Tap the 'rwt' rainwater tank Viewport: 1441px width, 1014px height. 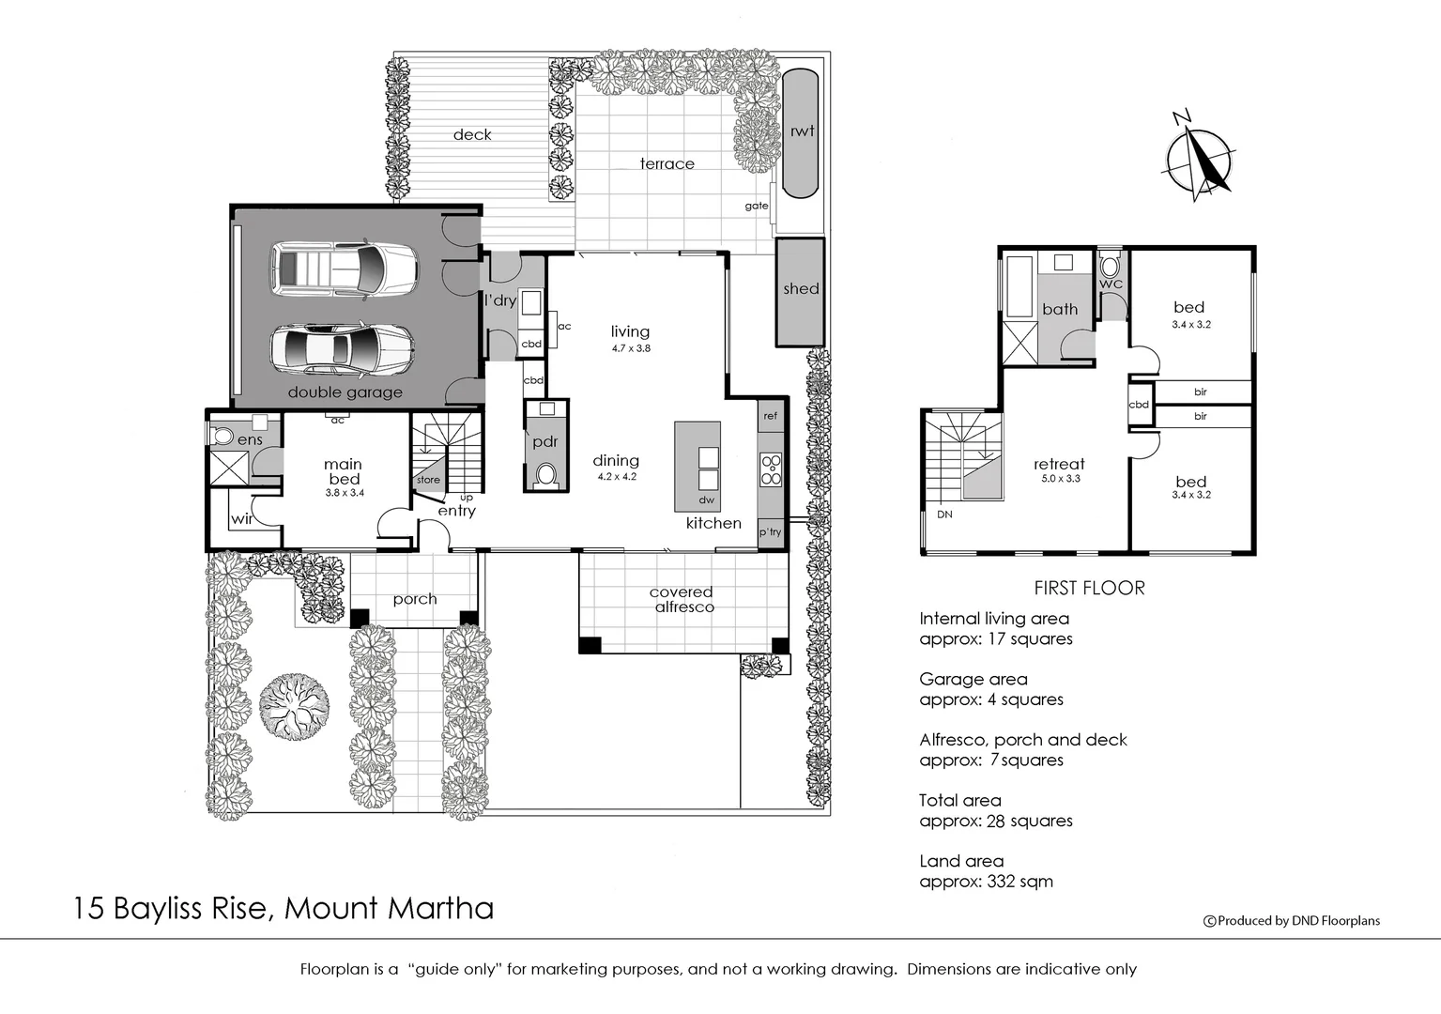pos(801,132)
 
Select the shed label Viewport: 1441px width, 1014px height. pos(801,289)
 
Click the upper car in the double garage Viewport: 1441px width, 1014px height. pos(345,269)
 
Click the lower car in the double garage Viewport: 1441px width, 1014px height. pos(343,349)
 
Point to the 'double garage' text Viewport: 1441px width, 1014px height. pos(345,392)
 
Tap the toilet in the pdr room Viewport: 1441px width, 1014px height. pos(545,474)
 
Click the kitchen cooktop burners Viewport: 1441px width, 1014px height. pos(771,469)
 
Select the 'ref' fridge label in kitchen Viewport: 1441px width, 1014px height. pos(770,416)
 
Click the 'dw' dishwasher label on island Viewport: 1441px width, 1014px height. pos(706,499)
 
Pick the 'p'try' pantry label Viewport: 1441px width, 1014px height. pos(770,532)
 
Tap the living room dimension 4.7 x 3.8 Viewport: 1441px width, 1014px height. pos(631,348)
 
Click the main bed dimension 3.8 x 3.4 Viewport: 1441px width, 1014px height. pos(345,493)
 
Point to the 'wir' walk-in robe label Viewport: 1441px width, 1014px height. pos(242,518)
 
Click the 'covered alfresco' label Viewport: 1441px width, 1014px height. pos(682,599)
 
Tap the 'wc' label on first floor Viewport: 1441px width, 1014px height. pos(1111,284)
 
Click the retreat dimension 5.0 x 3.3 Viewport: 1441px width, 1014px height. pos(1060,479)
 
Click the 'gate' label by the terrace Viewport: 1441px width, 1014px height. pos(756,206)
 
